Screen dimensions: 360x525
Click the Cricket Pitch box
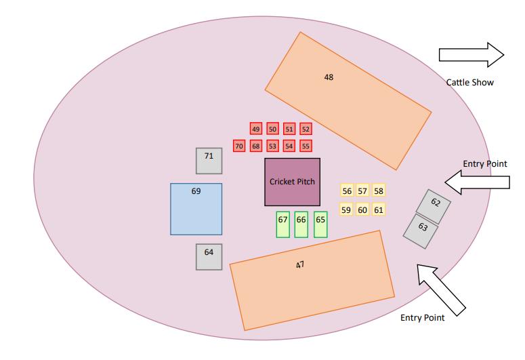tap(292, 182)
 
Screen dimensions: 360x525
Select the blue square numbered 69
tap(196, 209)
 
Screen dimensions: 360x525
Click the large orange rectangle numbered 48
tap(348, 100)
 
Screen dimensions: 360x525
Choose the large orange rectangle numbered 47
tap(312, 281)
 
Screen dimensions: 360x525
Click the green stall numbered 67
tap(283, 224)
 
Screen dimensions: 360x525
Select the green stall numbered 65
tap(320, 224)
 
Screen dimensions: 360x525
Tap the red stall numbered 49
tap(255, 129)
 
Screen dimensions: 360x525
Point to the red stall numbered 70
tap(238, 146)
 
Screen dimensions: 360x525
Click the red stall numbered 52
tap(306, 129)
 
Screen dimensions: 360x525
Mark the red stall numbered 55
tap(306, 146)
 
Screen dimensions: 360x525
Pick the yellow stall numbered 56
tap(347, 191)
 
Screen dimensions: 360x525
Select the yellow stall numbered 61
tap(379, 210)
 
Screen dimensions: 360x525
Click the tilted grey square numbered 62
tap(434, 206)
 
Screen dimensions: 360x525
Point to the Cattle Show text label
tap(469, 83)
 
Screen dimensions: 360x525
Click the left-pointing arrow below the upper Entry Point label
tap(477, 181)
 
